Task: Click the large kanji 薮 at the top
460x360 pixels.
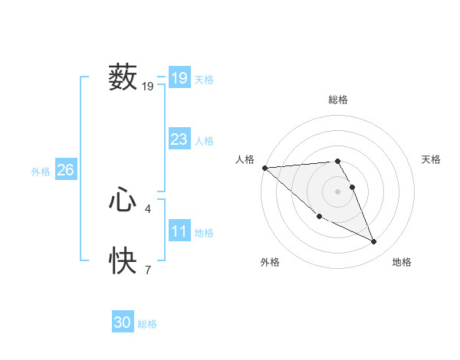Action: (123, 78)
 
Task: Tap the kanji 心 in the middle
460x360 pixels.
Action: (123, 201)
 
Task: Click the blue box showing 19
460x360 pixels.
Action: (179, 78)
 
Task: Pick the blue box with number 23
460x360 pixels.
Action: (179, 139)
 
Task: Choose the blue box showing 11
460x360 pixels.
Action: (179, 231)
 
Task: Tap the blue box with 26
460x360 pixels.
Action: (65, 170)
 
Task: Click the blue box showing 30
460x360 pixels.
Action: (123, 323)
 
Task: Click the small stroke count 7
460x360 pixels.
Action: (148, 270)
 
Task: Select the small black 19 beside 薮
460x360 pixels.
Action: (148, 87)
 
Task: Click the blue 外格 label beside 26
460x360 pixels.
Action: (41, 172)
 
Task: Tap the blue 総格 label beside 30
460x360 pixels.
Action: (147, 324)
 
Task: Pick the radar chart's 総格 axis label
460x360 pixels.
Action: (337, 100)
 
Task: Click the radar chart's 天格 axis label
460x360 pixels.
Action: (432, 159)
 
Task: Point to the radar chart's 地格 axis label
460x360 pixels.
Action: (402, 262)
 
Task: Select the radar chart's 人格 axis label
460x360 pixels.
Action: (245, 159)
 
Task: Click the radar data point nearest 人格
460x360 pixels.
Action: (264, 167)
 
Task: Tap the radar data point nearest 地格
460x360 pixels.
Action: (374, 241)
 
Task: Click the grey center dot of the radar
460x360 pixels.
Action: (337, 191)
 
